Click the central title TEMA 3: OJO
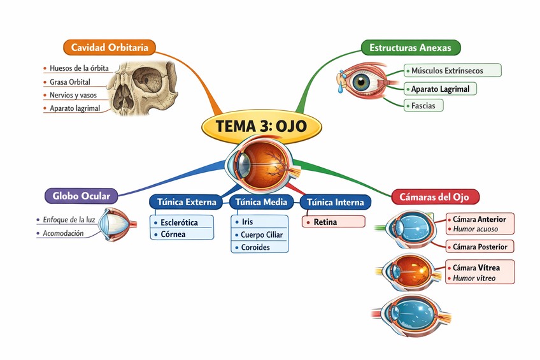[x=261, y=126]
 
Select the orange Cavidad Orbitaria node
[x=110, y=47]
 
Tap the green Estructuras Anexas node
[x=410, y=47]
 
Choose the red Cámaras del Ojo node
[x=434, y=197]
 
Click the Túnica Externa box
[x=187, y=202]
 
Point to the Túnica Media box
[x=261, y=202]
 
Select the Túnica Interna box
[x=335, y=202]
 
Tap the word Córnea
[x=173, y=234]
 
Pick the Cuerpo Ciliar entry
[x=262, y=234]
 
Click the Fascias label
[x=423, y=106]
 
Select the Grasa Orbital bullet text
[x=69, y=82]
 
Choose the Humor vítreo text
[x=474, y=278]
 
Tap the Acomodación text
[x=63, y=234]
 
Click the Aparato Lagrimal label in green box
[x=440, y=89]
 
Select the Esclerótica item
[x=179, y=222]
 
